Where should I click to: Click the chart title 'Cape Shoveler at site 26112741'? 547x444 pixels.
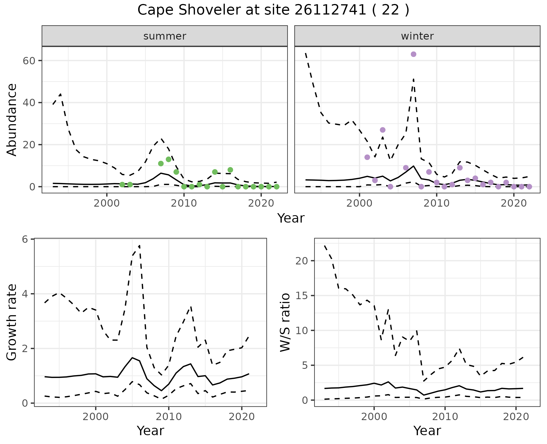tap(273, 10)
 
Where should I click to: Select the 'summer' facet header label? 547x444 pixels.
tap(165, 36)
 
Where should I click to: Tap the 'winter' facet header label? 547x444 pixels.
tap(417, 36)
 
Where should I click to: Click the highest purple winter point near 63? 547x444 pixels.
tap(413, 54)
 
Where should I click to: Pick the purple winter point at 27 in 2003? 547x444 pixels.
tap(383, 130)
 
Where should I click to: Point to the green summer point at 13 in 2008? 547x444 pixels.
tap(168, 159)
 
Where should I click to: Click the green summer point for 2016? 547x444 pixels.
tap(230, 170)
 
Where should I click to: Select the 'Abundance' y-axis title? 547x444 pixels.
tap(12, 120)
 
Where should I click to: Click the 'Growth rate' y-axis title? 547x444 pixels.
tap(12, 322)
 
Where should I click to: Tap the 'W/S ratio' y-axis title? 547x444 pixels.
tap(285, 322)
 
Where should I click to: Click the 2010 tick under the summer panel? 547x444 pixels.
tap(184, 203)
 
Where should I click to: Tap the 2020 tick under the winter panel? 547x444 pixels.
tap(513, 203)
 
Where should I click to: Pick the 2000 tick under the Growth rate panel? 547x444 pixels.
tap(95, 417)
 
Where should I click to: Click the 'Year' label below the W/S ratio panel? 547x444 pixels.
tap(427, 431)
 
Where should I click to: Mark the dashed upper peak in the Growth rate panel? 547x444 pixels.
tap(139, 245)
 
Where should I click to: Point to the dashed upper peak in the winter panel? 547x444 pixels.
tap(413, 79)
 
